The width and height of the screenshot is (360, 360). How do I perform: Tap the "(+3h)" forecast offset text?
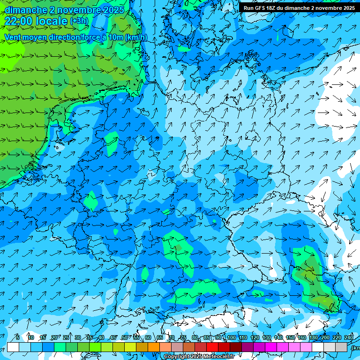(x=78, y=21)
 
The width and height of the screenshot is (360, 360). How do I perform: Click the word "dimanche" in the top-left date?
(x=25, y=10)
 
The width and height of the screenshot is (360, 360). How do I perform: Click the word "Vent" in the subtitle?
(x=13, y=37)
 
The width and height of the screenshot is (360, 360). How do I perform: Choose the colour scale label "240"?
(x=349, y=338)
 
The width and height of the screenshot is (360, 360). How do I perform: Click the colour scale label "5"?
(x=17, y=338)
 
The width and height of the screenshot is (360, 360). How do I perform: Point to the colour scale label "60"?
(x=148, y=338)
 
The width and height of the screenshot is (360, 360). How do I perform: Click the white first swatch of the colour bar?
(x=13, y=347)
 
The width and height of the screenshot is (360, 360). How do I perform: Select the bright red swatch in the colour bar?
(x=212, y=347)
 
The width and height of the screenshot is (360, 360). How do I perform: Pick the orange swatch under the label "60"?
(x=154, y=347)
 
